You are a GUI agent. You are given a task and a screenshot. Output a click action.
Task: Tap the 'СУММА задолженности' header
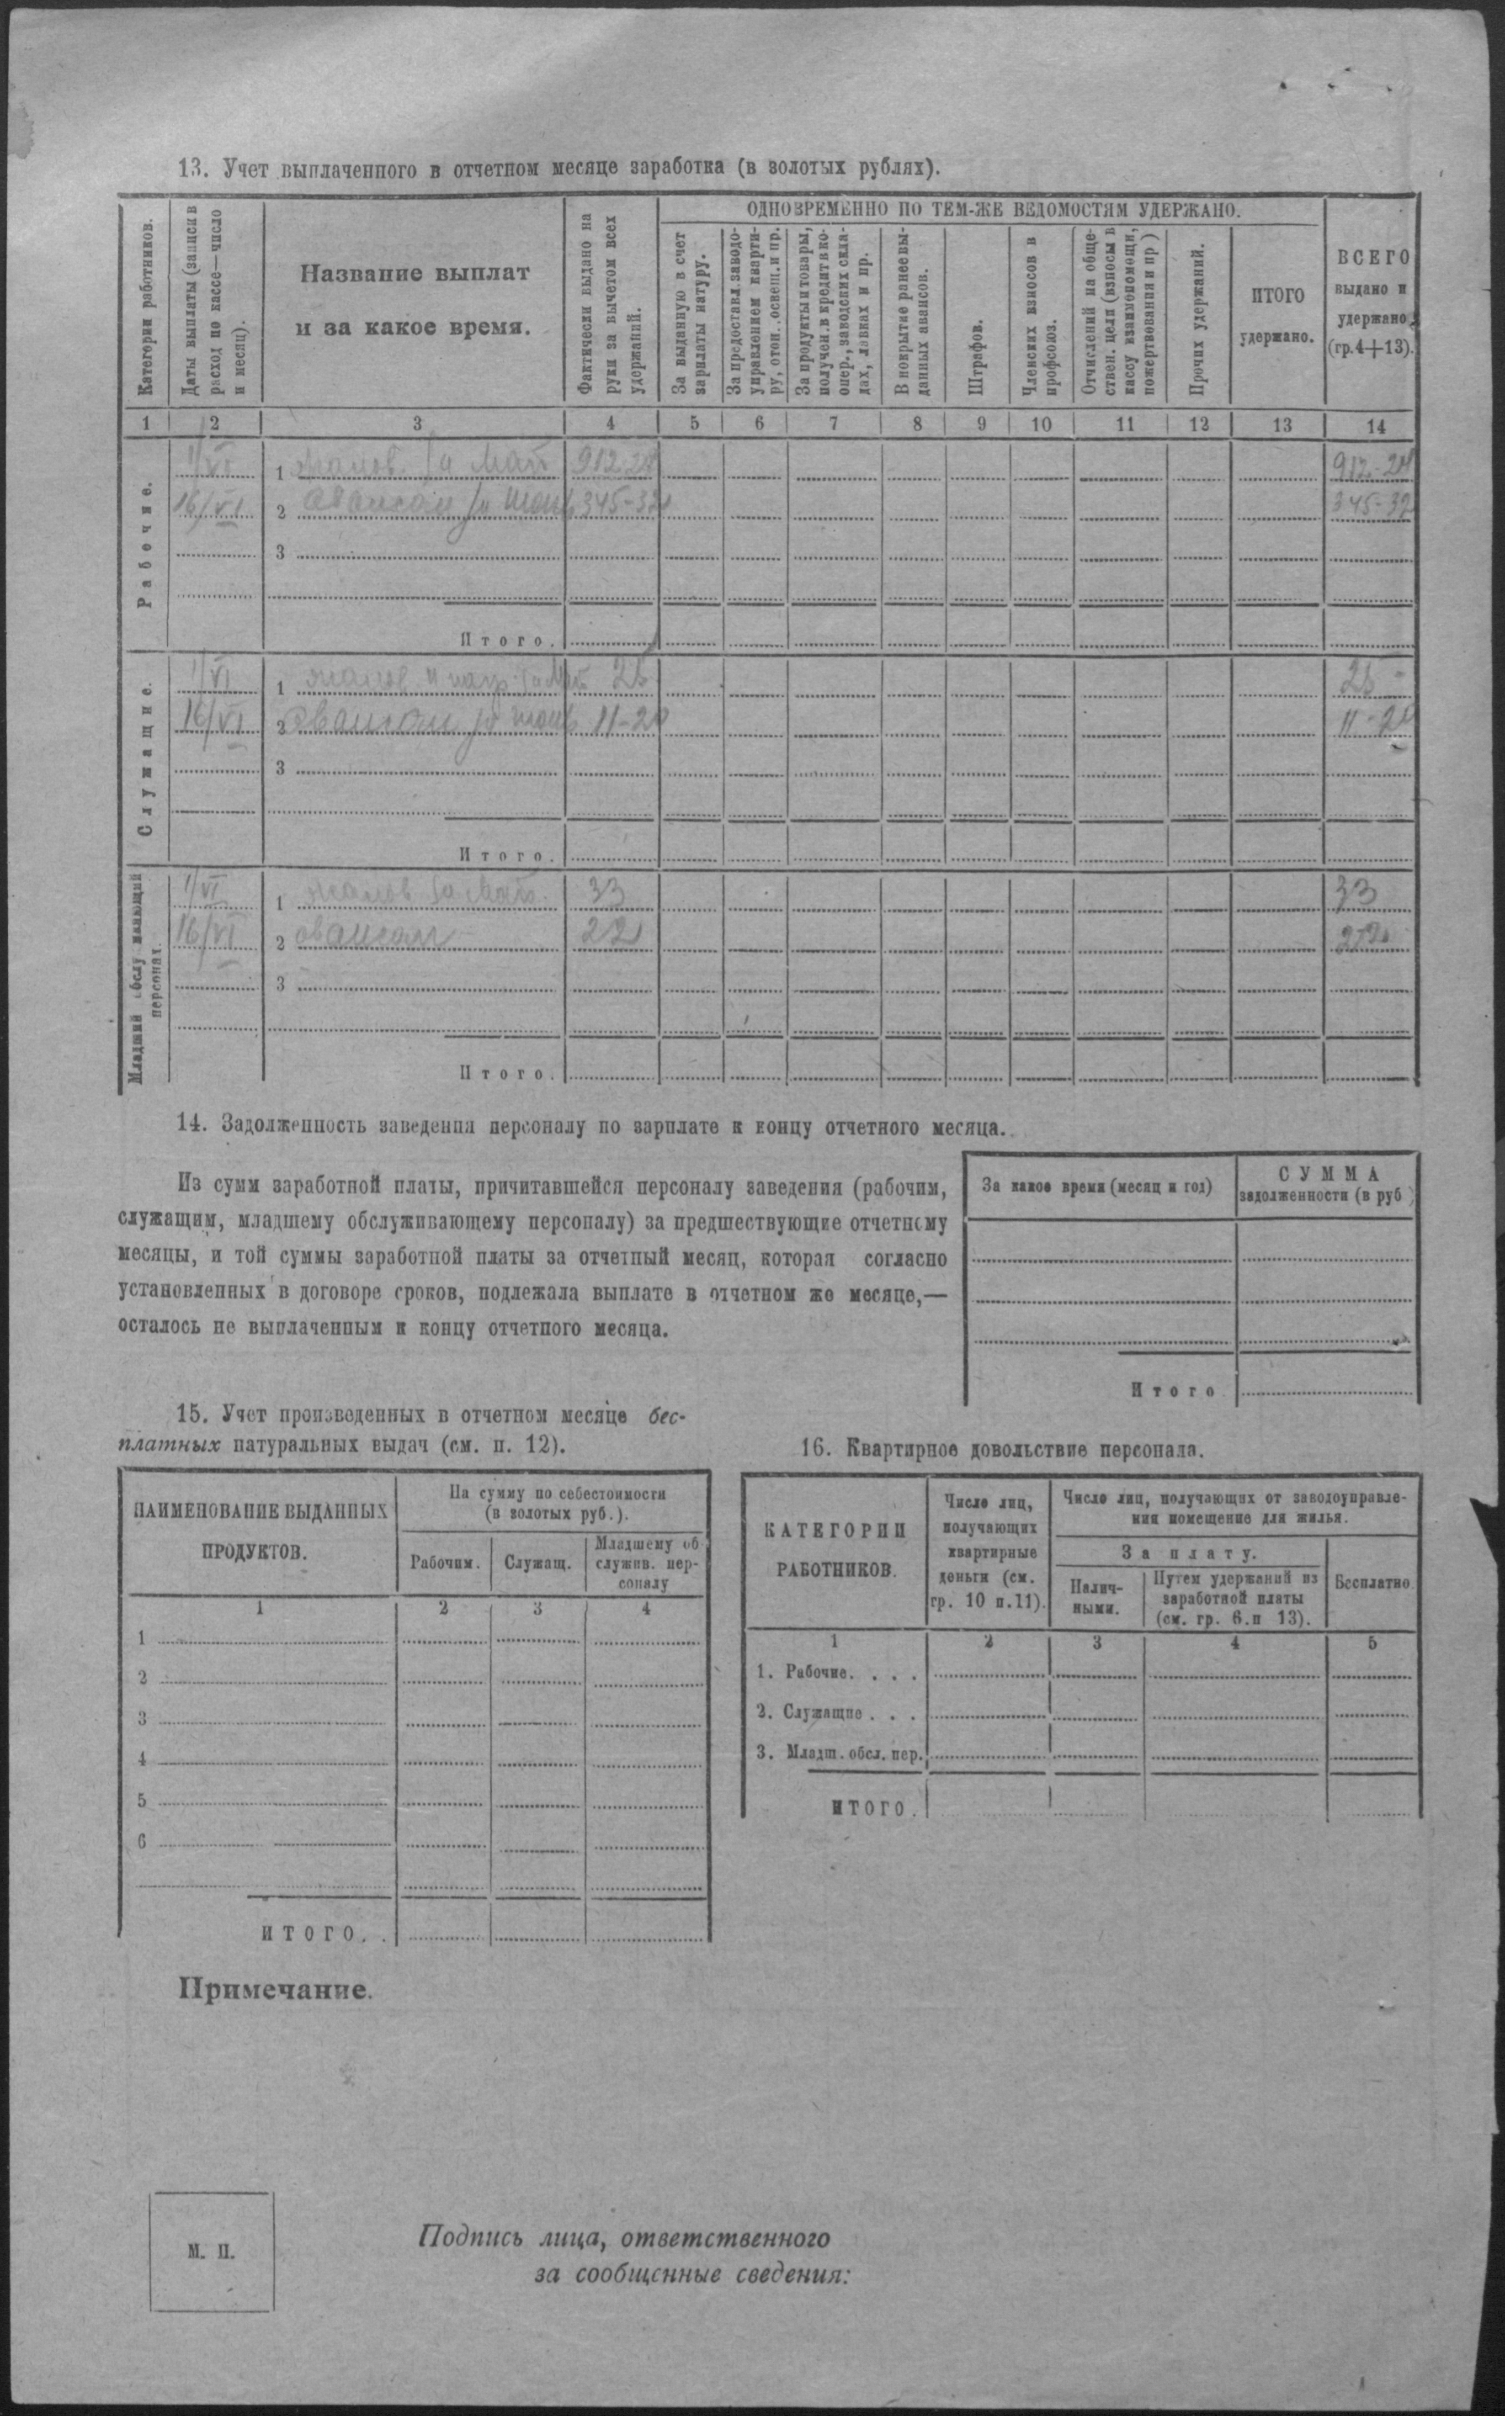1325,1185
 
